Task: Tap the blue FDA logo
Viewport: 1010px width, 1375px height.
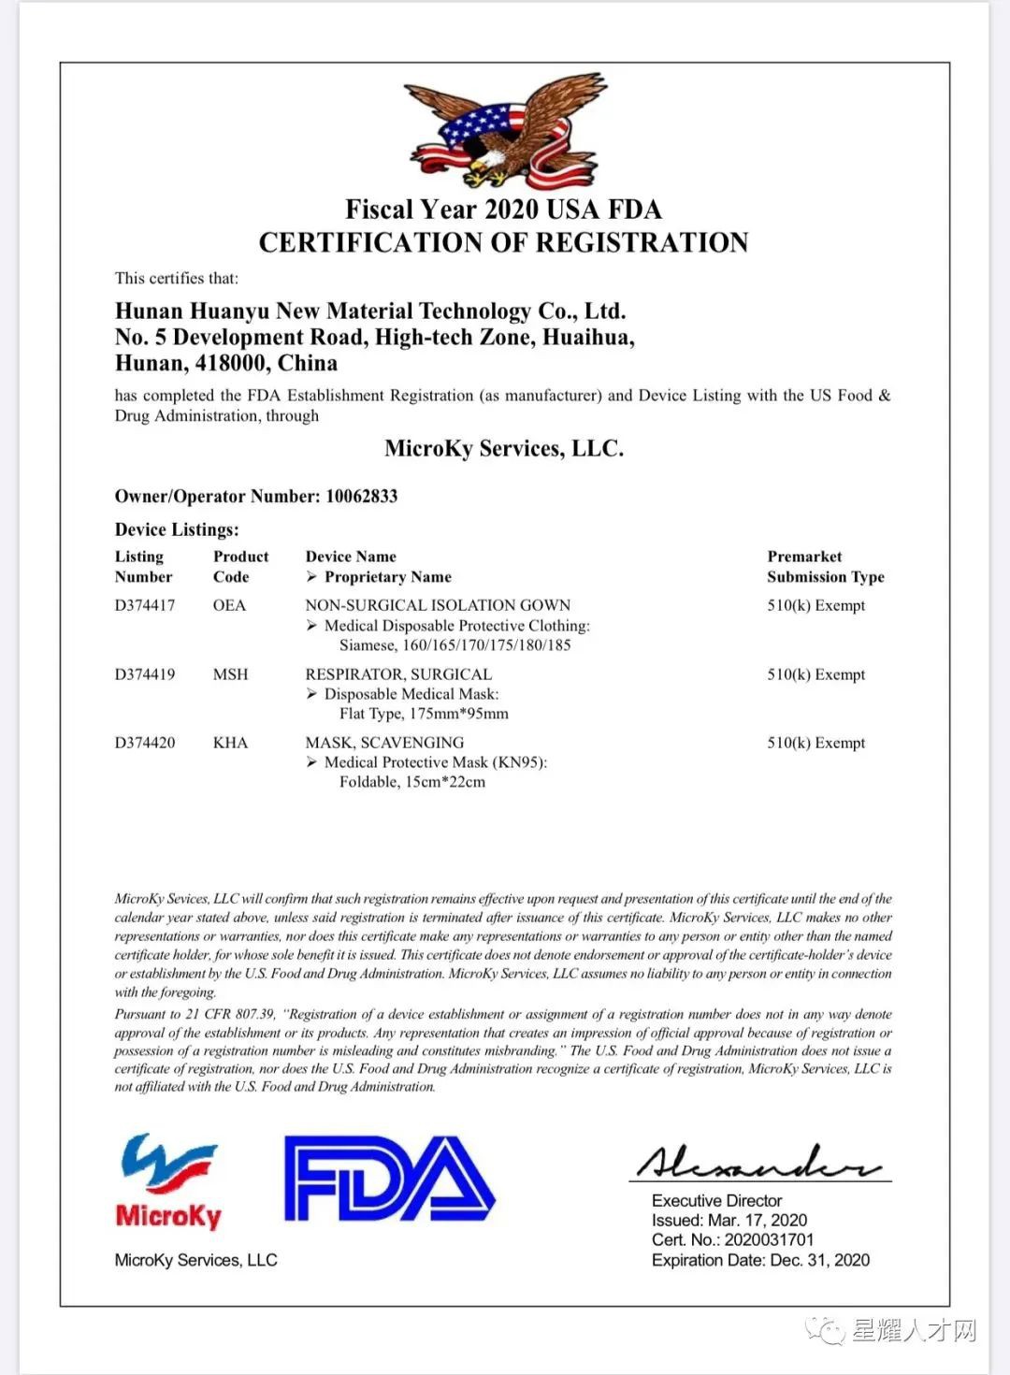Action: (x=389, y=1179)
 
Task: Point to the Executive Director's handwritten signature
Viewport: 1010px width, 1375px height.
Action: (x=759, y=1163)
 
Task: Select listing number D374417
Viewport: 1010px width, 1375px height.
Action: (x=145, y=605)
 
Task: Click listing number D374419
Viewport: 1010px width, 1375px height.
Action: (x=145, y=674)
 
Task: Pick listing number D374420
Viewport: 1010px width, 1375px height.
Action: (x=145, y=743)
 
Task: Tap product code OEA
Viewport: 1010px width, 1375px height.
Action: (x=229, y=605)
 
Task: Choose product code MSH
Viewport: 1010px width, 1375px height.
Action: (x=230, y=674)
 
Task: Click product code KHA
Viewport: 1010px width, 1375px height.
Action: (x=230, y=743)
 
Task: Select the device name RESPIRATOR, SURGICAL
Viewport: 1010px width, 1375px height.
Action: (x=398, y=674)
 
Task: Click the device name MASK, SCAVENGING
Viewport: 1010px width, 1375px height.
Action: (x=384, y=743)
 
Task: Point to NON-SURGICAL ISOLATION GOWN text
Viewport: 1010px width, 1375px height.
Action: (x=438, y=605)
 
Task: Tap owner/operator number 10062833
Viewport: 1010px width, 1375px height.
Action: (x=361, y=496)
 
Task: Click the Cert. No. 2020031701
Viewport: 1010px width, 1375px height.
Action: (x=769, y=1239)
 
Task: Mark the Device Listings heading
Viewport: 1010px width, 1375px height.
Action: (x=177, y=529)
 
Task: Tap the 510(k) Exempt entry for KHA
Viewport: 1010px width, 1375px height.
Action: (x=815, y=743)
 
